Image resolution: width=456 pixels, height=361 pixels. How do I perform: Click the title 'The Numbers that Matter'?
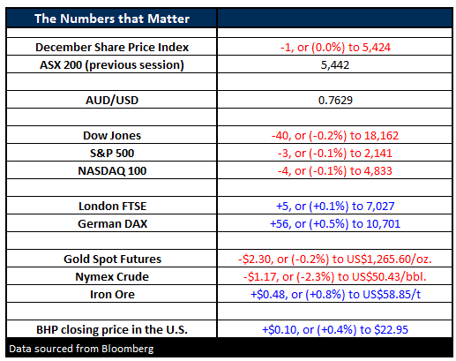(112, 19)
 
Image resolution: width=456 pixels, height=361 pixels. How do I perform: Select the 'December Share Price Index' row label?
(112, 47)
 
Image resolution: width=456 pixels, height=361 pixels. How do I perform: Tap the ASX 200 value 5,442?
(335, 65)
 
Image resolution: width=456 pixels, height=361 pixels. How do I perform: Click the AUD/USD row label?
(112, 101)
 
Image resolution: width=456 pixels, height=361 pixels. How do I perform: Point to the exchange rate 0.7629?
(335, 101)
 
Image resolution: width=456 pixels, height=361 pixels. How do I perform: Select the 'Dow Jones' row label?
(112, 136)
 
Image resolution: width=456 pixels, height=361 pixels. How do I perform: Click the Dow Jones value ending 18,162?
(335, 136)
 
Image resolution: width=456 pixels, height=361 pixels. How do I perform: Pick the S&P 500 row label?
(112, 154)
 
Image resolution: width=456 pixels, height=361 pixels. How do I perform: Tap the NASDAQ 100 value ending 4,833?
(335, 171)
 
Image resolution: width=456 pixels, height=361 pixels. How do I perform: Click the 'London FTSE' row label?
(112, 207)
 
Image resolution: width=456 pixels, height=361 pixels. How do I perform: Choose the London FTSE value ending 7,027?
(335, 207)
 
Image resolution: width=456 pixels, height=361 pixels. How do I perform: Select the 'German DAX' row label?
(112, 224)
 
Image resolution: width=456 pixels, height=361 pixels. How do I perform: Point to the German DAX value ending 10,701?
(335, 224)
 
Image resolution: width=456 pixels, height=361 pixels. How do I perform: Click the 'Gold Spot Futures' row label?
(112, 259)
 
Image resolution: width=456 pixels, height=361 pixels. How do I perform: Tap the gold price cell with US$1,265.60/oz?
(335, 259)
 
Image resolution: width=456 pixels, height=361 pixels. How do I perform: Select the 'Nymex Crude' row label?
(112, 277)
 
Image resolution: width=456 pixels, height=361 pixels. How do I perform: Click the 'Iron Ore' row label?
(112, 295)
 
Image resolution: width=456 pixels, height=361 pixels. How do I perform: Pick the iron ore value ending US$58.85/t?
(335, 295)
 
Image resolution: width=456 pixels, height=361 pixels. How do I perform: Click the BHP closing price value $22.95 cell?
(335, 330)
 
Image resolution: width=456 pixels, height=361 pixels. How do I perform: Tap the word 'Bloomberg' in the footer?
(128, 349)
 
